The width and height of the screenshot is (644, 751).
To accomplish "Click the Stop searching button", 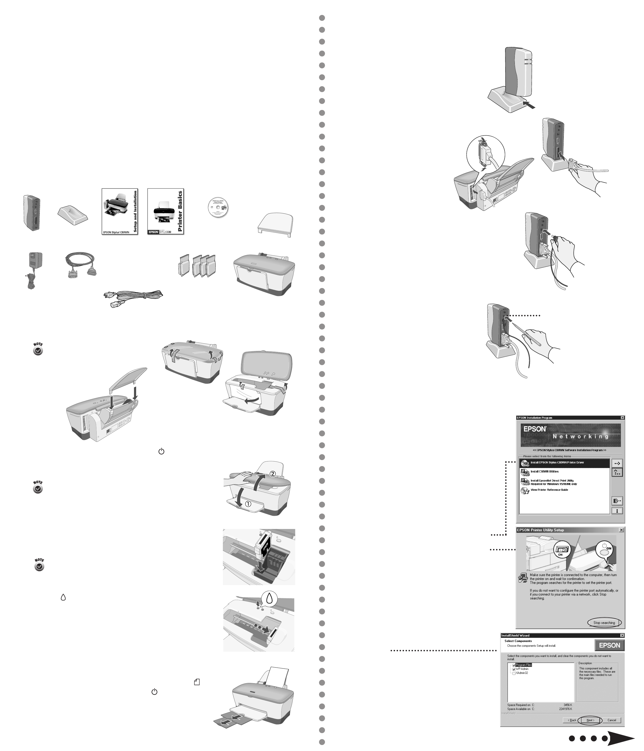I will (x=604, y=623).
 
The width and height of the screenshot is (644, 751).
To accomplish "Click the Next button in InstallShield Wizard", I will (x=590, y=720).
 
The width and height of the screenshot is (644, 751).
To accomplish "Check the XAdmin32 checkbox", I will (x=514, y=673).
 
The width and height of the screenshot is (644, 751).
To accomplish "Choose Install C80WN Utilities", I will (x=544, y=472).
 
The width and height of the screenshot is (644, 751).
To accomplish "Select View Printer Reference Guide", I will (x=549, y=490).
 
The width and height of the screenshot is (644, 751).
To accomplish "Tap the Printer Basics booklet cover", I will (x=165, y=211).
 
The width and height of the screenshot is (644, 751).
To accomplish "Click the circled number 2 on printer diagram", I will (x=273, y=474).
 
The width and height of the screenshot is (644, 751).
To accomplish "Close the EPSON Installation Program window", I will (x=622, y=418).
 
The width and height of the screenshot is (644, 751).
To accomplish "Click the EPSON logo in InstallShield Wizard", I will (x=609, y=645).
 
